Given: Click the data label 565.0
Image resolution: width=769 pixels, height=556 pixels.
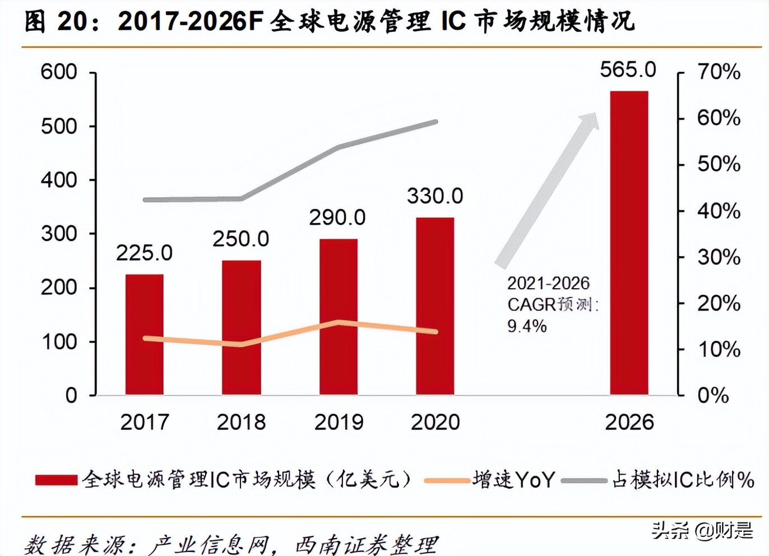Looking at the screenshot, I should click(628, 69).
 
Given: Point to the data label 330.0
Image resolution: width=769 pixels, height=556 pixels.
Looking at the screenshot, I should click(435, 196).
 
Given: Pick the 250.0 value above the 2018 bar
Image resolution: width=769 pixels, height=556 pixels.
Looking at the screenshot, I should click(240, 239).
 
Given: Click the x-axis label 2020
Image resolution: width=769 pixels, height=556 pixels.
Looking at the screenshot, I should click(435, 422).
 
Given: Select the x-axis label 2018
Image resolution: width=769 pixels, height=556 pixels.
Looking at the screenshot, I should click(241, 422).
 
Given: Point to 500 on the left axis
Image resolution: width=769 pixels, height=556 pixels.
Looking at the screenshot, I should click(59, 126).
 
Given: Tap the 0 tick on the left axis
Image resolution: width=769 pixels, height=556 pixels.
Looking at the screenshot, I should click(71, 395).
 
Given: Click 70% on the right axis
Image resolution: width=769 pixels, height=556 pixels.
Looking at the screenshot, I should click(719, 72).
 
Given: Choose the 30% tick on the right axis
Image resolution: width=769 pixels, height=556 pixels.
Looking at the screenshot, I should click(719, 257).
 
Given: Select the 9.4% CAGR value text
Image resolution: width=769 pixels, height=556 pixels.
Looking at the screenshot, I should click(527, 326).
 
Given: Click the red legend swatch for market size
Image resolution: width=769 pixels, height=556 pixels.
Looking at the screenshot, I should click(56, 480).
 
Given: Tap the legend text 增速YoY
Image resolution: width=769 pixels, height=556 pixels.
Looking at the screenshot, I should click(513, 480).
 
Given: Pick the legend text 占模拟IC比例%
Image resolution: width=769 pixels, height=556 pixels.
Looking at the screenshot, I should click(683, 480).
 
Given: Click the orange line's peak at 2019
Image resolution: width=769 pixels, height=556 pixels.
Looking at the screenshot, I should click(339, 322).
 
